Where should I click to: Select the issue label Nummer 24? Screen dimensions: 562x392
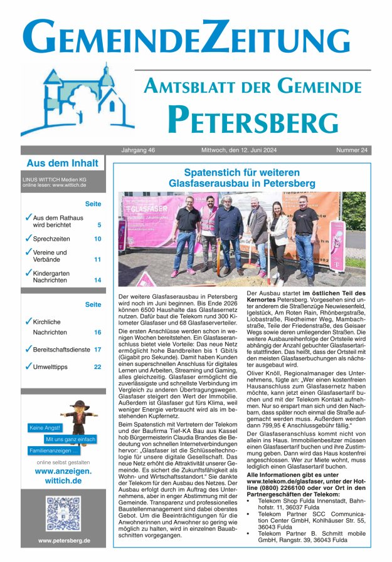click(x=352, y=150)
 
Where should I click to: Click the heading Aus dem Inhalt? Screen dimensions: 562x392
click(x=62, y=164)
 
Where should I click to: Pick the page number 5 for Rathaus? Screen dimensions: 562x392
click(x=99, y=225)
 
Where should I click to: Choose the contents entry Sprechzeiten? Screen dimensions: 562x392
click(x=51, y=239)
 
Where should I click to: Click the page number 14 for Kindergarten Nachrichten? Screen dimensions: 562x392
click(x=97, y=280)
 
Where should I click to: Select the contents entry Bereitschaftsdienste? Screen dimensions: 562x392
click(x=61, y=349)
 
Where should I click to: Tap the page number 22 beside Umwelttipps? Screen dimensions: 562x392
click(x=97, y=367)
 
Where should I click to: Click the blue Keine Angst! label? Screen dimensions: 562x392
click(x=45, y=428)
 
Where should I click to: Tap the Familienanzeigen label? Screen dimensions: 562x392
click(x=54, y=450)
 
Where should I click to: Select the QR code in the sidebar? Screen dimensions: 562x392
click(x=63, y=513)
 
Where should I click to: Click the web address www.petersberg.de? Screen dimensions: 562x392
click(x=63, y=540)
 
